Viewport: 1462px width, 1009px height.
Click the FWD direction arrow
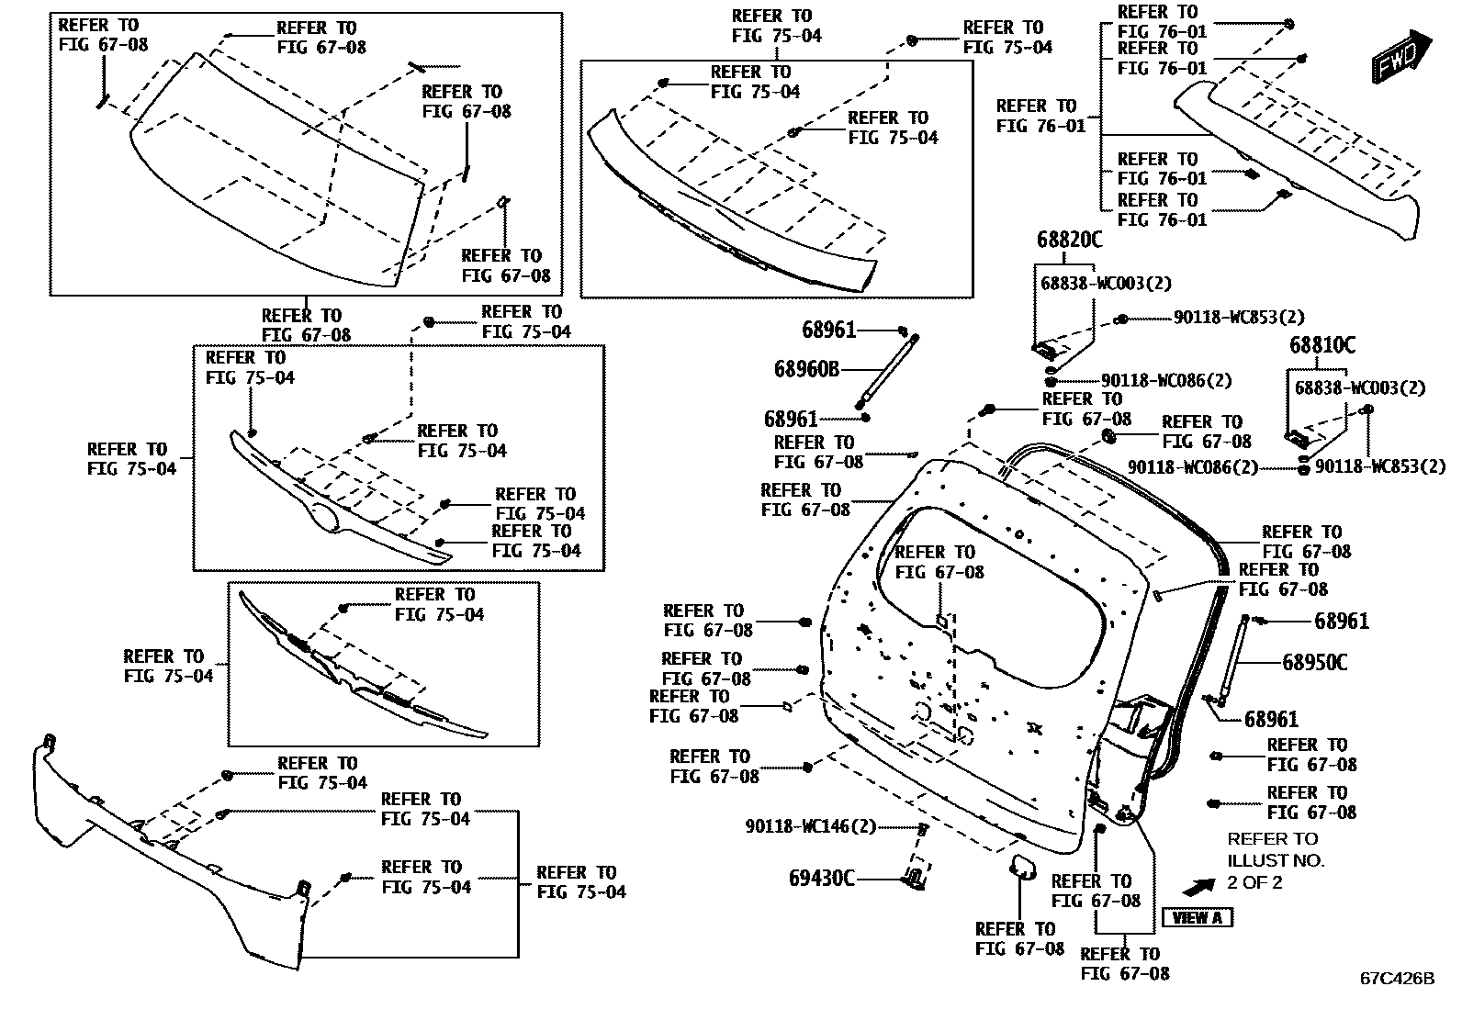pyautogui.click(x=1400, y=54)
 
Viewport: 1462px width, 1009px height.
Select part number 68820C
pyautogui.click(x=1069, y=240)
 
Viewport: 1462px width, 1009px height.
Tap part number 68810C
pyautogui.click(x=1321, y=345)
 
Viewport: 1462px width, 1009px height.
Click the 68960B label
pyautogui.click(x=807, y=369)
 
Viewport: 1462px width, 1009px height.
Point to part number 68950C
pyautogui.click(x=1314, y=661)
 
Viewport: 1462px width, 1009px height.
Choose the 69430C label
pyautogui.click(x=822, y=879)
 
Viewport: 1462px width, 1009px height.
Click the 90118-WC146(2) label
pyautogui.click(x=811, y=826)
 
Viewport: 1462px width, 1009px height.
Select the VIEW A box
pyautogui.click(x=1198, y=917)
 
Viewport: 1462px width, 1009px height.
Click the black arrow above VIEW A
pyautogui.click(x=1198, y=887)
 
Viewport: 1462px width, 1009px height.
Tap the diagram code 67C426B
pyautogui.click(x=1397, y=978)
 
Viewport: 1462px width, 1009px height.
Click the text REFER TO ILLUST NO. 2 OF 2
pyautogui.click(x=1276, y=860)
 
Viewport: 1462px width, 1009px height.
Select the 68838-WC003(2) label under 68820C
pyautogui.click(x=1106, y=284)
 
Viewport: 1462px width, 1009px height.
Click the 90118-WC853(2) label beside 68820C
pyautogui.click(x=1239, y=318)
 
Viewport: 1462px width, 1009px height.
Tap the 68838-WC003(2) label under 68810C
pyautogui.click(x=1360, y=387)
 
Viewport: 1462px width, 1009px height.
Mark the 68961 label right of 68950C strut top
pyautogui.click(x=1341, y=622)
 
